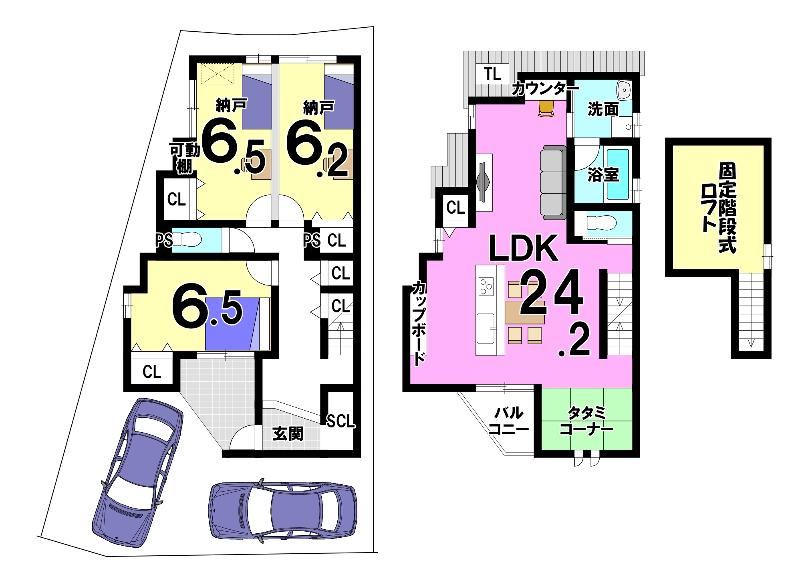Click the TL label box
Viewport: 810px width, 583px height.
[492, 74]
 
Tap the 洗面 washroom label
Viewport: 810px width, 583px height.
[602, 109]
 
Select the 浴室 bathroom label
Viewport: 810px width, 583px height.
[603, 174]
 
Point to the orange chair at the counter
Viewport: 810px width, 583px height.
[546, 109]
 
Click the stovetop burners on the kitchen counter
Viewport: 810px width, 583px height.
[486, 286]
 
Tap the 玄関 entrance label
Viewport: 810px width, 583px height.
[288, 433]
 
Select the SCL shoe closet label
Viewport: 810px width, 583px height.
[341, 421]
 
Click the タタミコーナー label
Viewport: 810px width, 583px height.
[587, 421]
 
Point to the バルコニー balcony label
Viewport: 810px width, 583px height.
[509, 421]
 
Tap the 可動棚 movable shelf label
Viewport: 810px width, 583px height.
[185, 158]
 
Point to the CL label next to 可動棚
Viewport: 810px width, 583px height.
[176, 199]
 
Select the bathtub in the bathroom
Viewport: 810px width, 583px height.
[617, 174]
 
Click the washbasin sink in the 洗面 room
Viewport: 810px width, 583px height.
[624, 90]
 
